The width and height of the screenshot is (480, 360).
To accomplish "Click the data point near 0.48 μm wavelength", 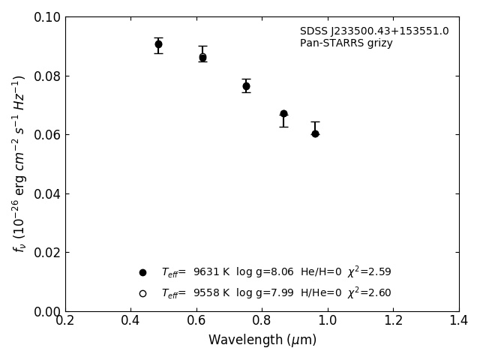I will [158, 44].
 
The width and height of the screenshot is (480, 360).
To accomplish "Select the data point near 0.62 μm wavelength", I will [202, 57].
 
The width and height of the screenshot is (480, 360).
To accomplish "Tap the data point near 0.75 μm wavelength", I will [246, 86].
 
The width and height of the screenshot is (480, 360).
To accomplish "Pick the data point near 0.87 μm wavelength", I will [283, 114].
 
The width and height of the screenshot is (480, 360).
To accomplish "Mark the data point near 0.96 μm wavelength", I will [315, 133].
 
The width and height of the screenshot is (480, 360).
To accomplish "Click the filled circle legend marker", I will [142, 272].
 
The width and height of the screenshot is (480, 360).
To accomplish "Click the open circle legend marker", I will [142, 293].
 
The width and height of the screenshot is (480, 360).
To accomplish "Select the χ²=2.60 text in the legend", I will [369, 292].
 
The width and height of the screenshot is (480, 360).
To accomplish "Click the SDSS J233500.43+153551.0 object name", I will [374, 31].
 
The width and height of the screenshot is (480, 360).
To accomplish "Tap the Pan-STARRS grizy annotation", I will [346, 43].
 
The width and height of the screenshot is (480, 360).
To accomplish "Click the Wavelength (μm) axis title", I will [262, 340].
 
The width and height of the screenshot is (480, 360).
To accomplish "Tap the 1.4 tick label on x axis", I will [459, 321].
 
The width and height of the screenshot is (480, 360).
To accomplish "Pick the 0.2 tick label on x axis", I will [65, 321].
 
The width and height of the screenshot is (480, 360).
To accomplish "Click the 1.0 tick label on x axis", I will [328, 321].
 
